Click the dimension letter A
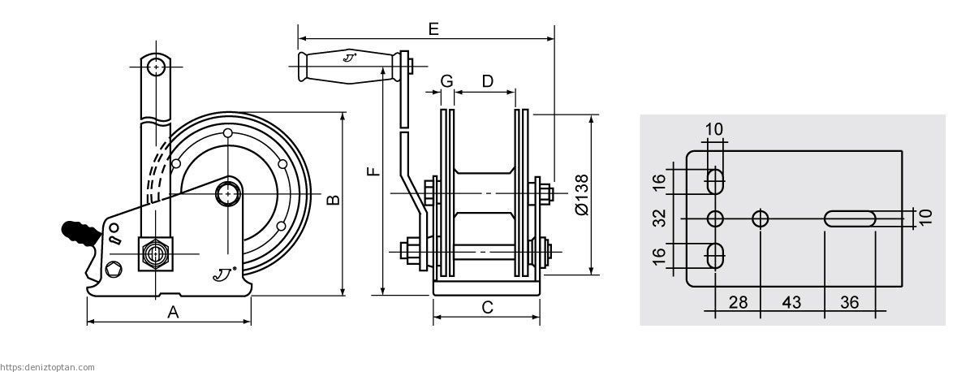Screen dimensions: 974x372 tap(173, 312)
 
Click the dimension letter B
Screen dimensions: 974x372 tap(334, 200)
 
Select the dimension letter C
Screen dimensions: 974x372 tap(488, 307)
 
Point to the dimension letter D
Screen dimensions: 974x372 tap(488, 81)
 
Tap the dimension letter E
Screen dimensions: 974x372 tap(433, 28)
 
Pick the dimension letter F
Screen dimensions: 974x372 tap(373, 171)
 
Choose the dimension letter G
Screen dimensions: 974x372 tap(446, 81)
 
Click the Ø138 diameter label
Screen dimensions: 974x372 tap(582, 195)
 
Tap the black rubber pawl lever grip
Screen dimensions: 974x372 tap(81, 234)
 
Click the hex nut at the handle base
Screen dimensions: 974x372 tap(156, 253)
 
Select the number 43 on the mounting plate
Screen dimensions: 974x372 tap(791, 302)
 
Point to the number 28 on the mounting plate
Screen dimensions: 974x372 tap(738, 302)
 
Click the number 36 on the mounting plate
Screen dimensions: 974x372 tap(849, 302)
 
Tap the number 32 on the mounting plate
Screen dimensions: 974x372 tap(660, 218)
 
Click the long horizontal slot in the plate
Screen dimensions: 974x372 tap(850, 218)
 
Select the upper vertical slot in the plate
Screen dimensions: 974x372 tap(715, 181)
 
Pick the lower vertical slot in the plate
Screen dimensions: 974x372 tap(715, 256)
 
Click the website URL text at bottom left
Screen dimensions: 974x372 tap(47, 368)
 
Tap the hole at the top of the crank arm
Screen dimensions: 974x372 tap(156, 67)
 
